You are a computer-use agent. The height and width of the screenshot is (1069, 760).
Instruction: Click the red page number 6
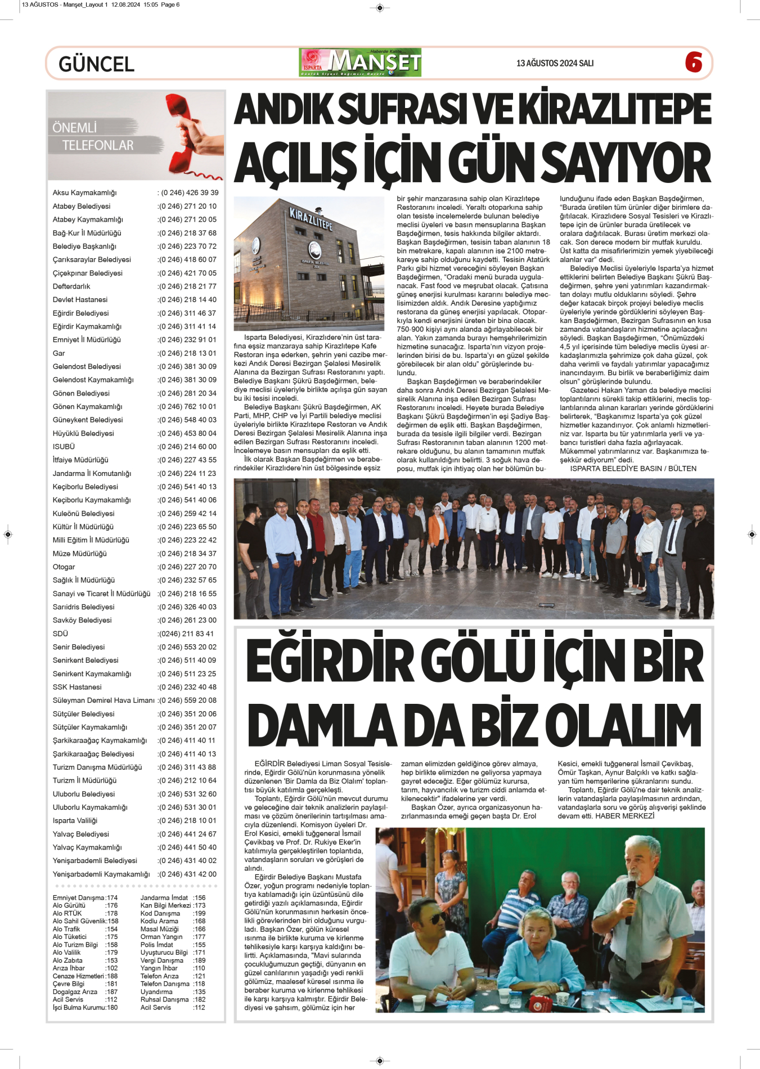click(694, 62)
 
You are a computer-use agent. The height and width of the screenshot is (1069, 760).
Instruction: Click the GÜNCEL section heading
click(96, 64)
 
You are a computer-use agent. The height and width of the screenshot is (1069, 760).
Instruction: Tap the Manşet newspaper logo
click(360, 62)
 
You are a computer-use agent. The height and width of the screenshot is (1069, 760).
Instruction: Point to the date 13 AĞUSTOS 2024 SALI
click(555, 63)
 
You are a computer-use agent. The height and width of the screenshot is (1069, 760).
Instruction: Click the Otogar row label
click(64, 567)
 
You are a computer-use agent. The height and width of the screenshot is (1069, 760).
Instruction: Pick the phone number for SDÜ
click(186, 634)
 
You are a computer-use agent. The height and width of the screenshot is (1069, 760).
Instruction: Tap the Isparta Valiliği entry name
click(75, 821)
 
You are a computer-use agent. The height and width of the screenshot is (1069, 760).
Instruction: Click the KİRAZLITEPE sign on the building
click(311, 219)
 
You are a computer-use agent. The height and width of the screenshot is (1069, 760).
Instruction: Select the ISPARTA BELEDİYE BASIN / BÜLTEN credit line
click(633, 469)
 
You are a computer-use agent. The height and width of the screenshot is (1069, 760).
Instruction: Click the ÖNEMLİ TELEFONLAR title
click(92, 137)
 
